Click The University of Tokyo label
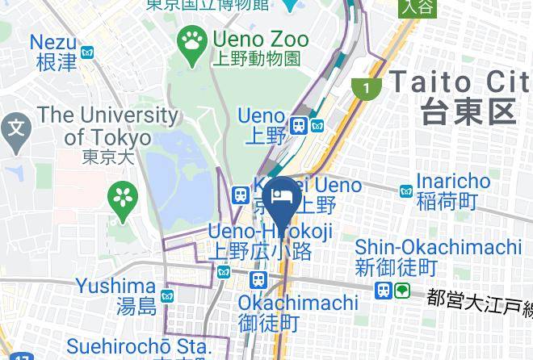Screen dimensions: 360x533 [x=107, y=126]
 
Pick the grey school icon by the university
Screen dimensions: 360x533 [x=15, y=128]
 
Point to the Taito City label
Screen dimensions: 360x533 [x=461, y=82]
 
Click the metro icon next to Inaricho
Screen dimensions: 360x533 [x=406, y=191]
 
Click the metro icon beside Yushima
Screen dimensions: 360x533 [x=168, y=296]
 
